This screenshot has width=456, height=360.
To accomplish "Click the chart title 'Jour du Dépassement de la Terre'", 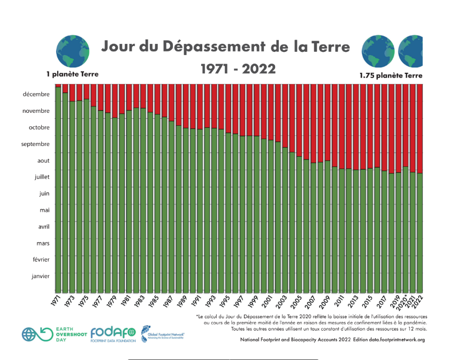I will (226, 47).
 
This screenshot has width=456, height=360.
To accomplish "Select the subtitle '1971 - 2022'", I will (238, 69).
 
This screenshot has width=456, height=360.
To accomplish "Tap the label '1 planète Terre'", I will (72, 74).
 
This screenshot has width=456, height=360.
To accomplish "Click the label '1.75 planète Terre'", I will (391, 75).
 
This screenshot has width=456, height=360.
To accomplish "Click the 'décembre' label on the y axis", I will (36, 94).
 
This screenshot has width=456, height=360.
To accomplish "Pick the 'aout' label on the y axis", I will (43, 160).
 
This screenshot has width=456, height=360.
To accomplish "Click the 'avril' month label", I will (43, 226).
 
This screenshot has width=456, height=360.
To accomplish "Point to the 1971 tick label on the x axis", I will (57, 299).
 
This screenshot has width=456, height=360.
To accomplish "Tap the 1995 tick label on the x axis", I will (228, 299).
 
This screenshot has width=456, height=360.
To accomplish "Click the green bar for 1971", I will (58, 187).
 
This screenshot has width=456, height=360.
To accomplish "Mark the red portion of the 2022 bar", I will (420, 128).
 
